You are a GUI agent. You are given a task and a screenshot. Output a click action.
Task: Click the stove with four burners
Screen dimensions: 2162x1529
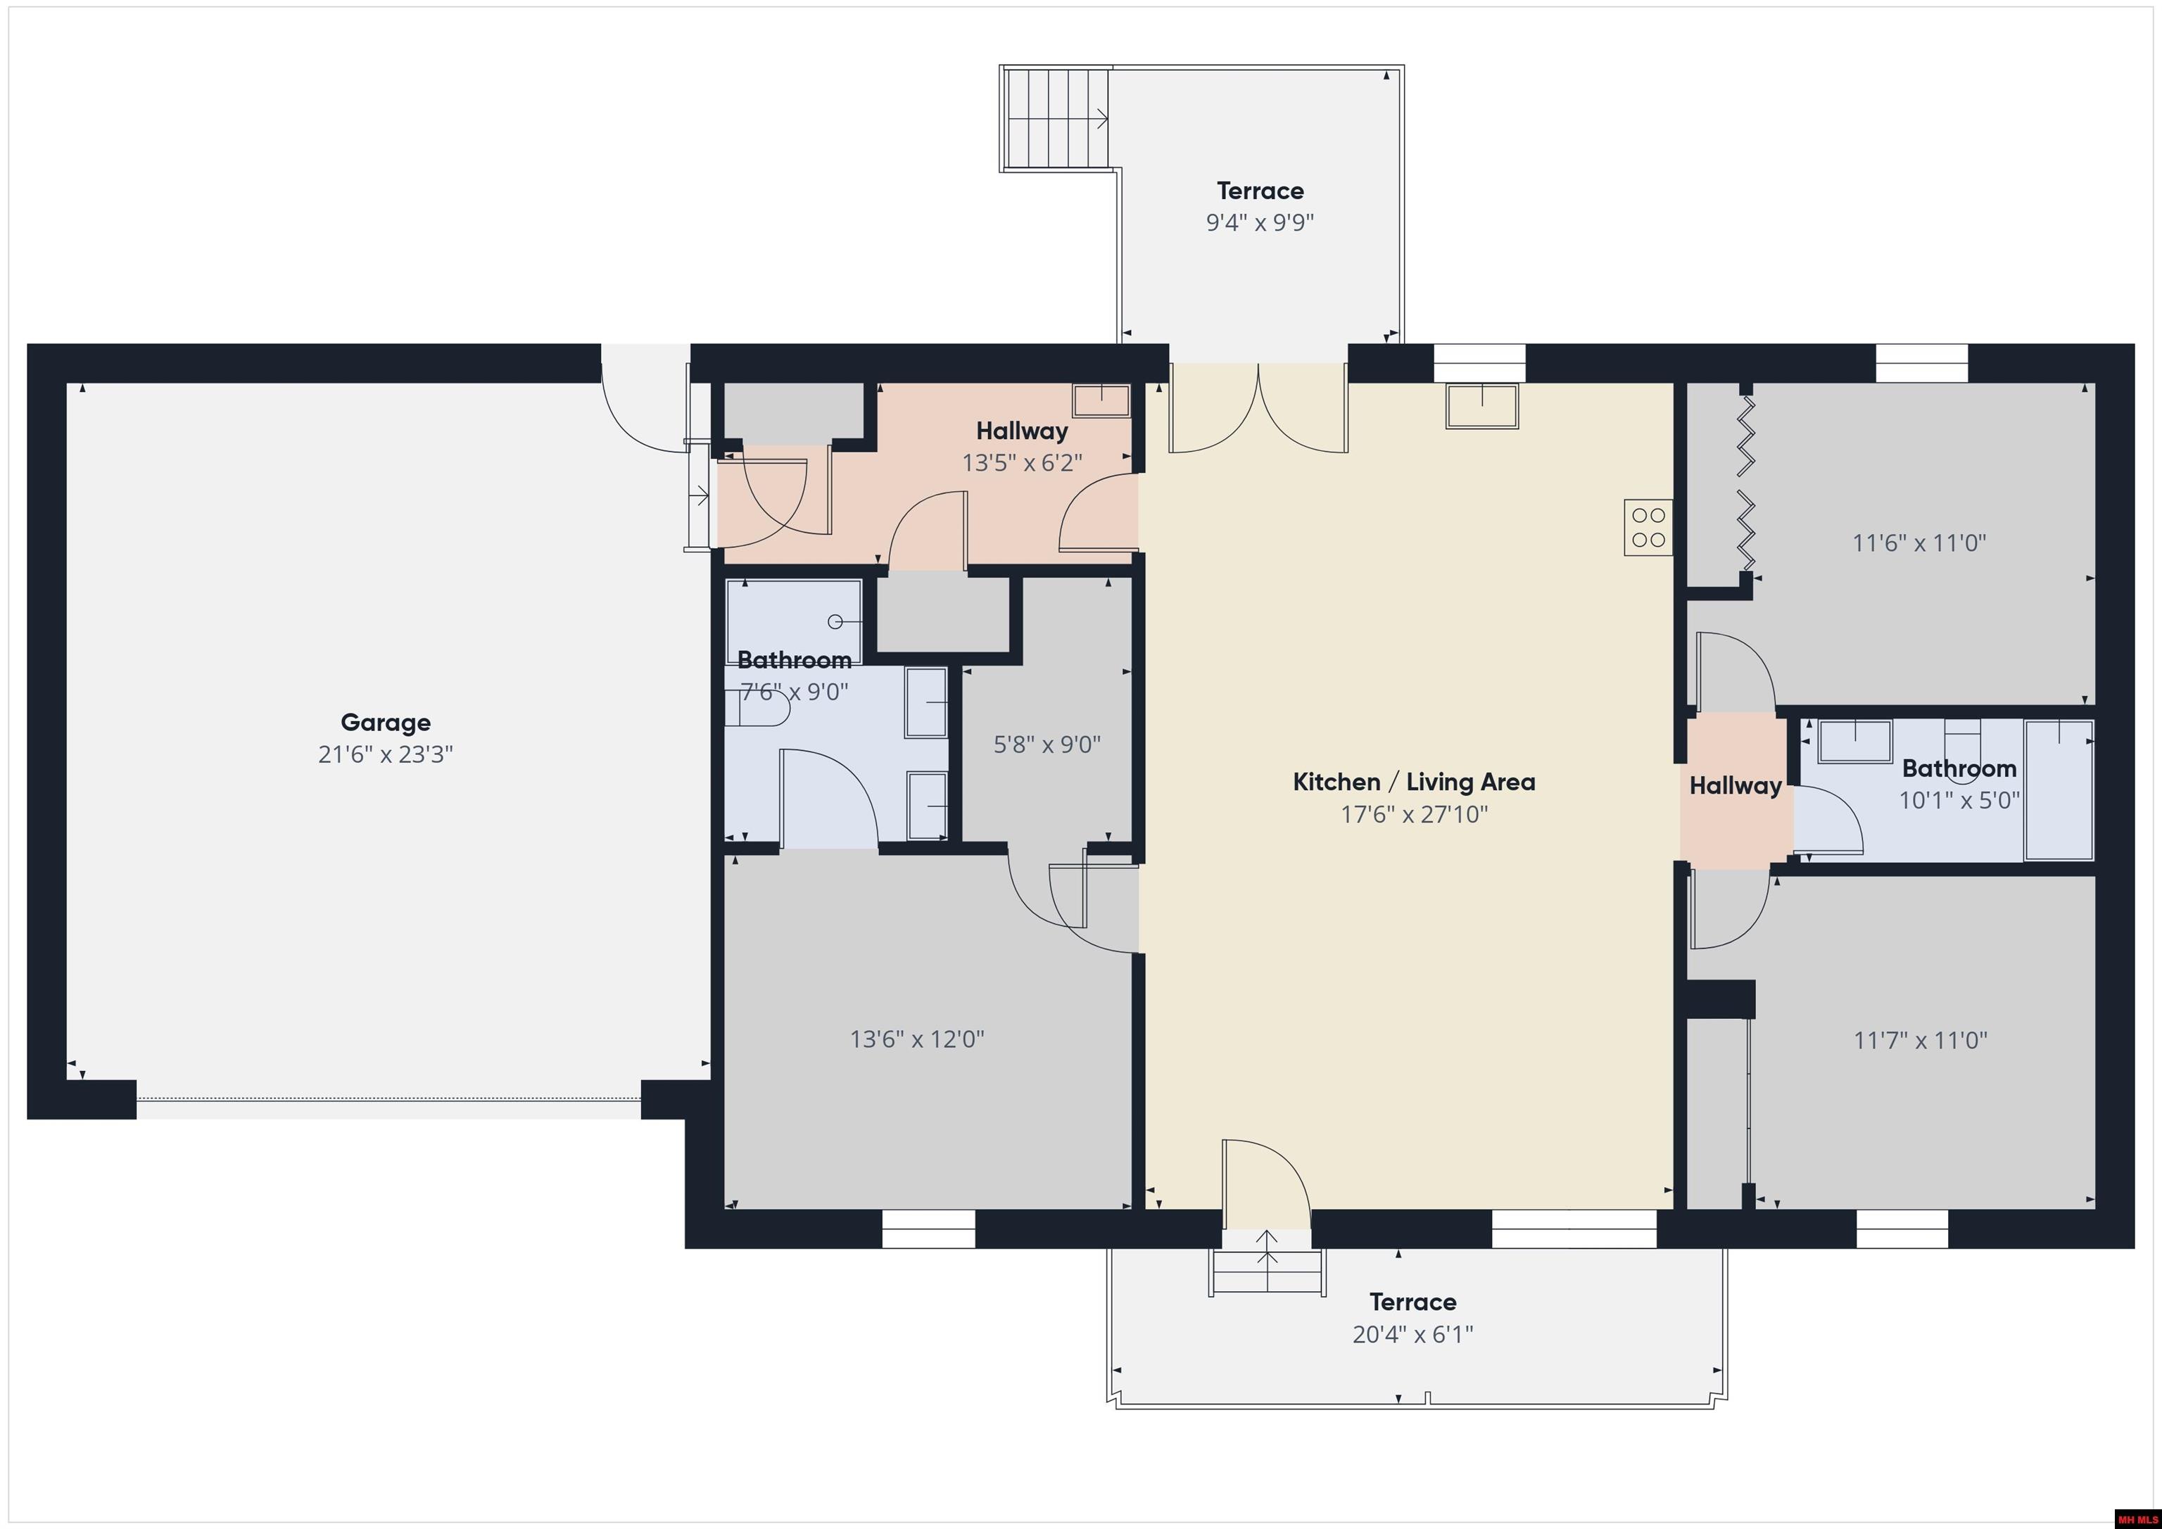1648,527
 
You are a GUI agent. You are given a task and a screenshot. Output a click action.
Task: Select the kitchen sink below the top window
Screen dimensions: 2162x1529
1482,406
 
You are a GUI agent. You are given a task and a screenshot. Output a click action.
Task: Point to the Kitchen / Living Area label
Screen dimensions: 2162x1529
1413,782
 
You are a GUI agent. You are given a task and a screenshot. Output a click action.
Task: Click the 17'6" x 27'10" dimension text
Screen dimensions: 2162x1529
1413,813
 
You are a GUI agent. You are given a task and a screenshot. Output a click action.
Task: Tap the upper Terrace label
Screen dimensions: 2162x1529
1260,191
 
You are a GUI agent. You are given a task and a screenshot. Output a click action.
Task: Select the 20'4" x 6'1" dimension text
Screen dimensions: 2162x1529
1412,1334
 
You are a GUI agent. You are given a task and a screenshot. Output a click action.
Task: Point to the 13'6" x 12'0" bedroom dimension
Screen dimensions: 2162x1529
917,1039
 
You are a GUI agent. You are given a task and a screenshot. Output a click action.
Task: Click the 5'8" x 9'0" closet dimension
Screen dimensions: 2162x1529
1047,744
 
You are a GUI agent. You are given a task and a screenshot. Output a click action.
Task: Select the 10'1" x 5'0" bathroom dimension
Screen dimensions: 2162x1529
1959,800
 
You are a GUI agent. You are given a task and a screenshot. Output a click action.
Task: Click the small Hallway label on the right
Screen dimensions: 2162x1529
1736,786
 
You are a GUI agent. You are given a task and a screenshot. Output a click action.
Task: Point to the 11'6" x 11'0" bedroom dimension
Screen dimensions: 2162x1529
1919,543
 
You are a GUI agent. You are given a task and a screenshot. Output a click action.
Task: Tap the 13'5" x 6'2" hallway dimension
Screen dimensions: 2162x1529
1022,462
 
